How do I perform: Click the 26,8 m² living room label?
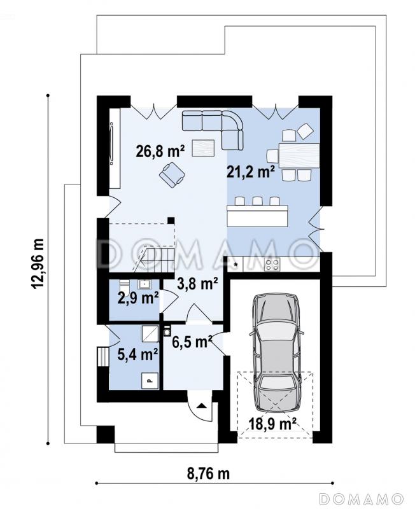(x=160, y=151)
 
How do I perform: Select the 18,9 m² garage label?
(x=272, y=423)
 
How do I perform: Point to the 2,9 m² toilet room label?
(x=138, y=298)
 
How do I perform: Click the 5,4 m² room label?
(x=137, y=354)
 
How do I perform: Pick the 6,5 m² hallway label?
(x=192, y=342)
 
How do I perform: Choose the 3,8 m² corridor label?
(x=197, y=284)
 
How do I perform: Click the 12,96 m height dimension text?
(x=38, y=263)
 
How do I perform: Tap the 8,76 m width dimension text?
(x=208, y=473)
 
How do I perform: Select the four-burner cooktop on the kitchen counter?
(x=272, y=264)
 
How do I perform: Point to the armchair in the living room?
(x=172, y=174)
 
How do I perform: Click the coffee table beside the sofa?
(x=203, y=148)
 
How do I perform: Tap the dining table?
(x=299, y=156)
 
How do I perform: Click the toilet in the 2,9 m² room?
(x=124, y=287)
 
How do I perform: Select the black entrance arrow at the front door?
(x=201, y=405)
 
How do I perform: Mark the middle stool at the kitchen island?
(x=258, y=201)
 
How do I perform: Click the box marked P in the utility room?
(x=150, y=380)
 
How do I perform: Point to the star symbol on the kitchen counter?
(x=236, y=265)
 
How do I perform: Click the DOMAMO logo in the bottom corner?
(x=361, y=498)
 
